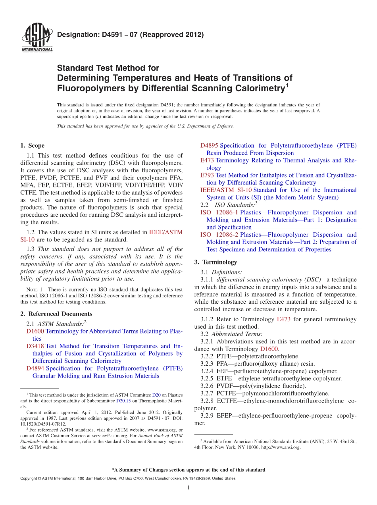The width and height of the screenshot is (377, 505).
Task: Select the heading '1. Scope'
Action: coord(33,145)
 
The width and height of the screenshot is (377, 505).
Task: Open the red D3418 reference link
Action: coord(35,346)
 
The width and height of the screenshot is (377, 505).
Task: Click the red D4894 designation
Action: coord(35,368)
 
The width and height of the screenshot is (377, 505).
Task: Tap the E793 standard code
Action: coord(207,175)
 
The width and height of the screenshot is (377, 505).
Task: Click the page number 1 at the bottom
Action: coord(188,488)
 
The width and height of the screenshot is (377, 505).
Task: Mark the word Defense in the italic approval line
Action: coord(224,126)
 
